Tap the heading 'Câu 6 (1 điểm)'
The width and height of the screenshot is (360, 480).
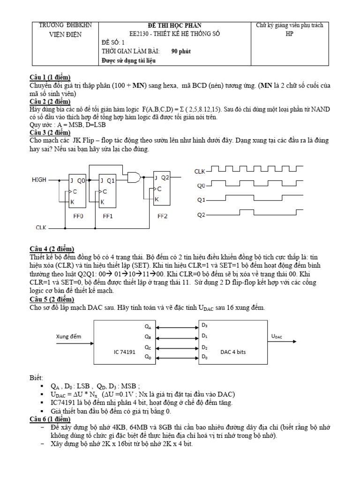tap(51, 419)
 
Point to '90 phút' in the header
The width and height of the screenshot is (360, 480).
tap(181, 51)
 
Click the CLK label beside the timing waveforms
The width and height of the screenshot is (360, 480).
tap(200, 172)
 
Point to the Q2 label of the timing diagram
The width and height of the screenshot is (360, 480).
tap(201, 215)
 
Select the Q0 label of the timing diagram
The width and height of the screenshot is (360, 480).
tap(201, 186)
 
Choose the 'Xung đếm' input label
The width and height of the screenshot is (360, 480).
tap(69, 336)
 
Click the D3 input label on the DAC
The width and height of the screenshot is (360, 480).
tap(204, 325)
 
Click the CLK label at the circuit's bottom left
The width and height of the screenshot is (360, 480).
tap(41, 228)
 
